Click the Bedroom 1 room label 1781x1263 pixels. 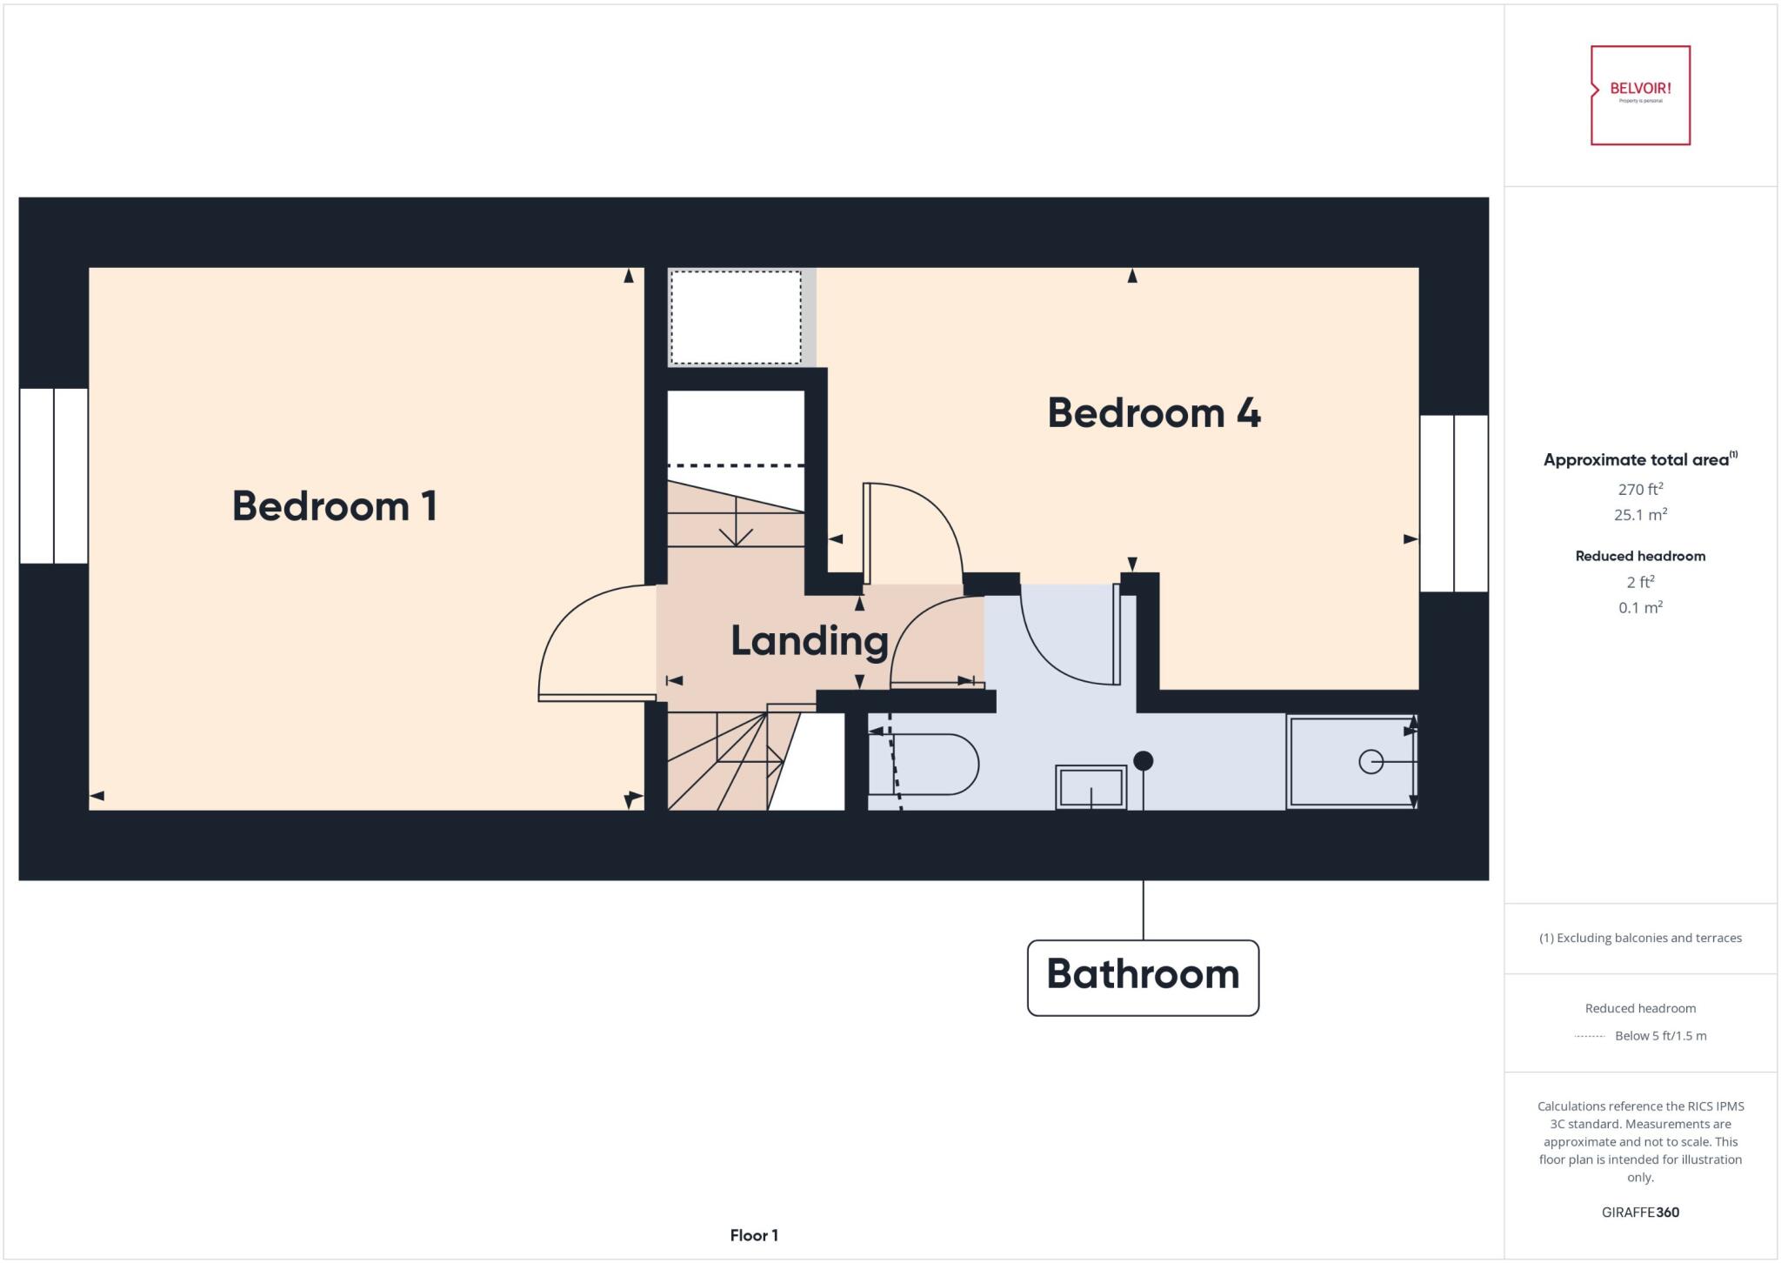pos(334,506)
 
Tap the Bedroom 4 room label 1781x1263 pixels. pos(1153,413)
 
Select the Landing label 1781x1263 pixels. pos(809,641)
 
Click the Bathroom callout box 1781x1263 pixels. pos(1143,977)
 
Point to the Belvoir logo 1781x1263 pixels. pos(1640,95)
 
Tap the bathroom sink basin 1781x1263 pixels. pos(1091,787)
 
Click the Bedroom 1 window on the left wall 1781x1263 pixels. pos(54,476)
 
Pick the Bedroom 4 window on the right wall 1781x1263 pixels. pos(1453,504)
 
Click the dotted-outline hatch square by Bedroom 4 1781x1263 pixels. pos(736,317)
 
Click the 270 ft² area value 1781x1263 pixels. pos(1640,489)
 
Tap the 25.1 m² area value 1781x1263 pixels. pos(1640,515)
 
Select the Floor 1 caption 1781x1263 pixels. pos(754,1235)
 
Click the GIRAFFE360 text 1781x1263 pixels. pos(1640,1213)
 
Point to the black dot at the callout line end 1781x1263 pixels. pos(1144,761)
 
